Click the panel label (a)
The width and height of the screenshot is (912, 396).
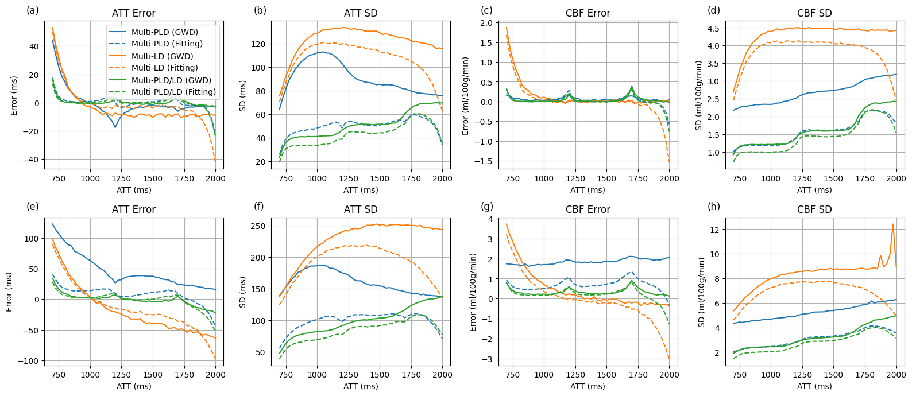33,10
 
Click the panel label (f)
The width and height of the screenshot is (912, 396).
259,207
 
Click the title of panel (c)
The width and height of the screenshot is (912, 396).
588,13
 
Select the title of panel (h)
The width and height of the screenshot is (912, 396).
814,209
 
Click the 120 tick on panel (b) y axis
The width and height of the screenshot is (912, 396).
260,44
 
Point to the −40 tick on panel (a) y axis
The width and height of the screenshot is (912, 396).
32,160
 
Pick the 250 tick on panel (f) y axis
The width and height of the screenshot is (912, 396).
260,226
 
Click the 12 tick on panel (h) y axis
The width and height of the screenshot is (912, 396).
715,230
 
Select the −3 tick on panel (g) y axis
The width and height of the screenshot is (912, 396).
488,359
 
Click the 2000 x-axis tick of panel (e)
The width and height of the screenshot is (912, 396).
216,375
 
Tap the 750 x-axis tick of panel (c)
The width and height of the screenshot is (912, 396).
513,178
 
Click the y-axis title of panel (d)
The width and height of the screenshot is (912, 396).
699,95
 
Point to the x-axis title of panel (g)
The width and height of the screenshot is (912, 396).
588,386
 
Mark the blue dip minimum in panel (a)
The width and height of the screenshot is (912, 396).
115,127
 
